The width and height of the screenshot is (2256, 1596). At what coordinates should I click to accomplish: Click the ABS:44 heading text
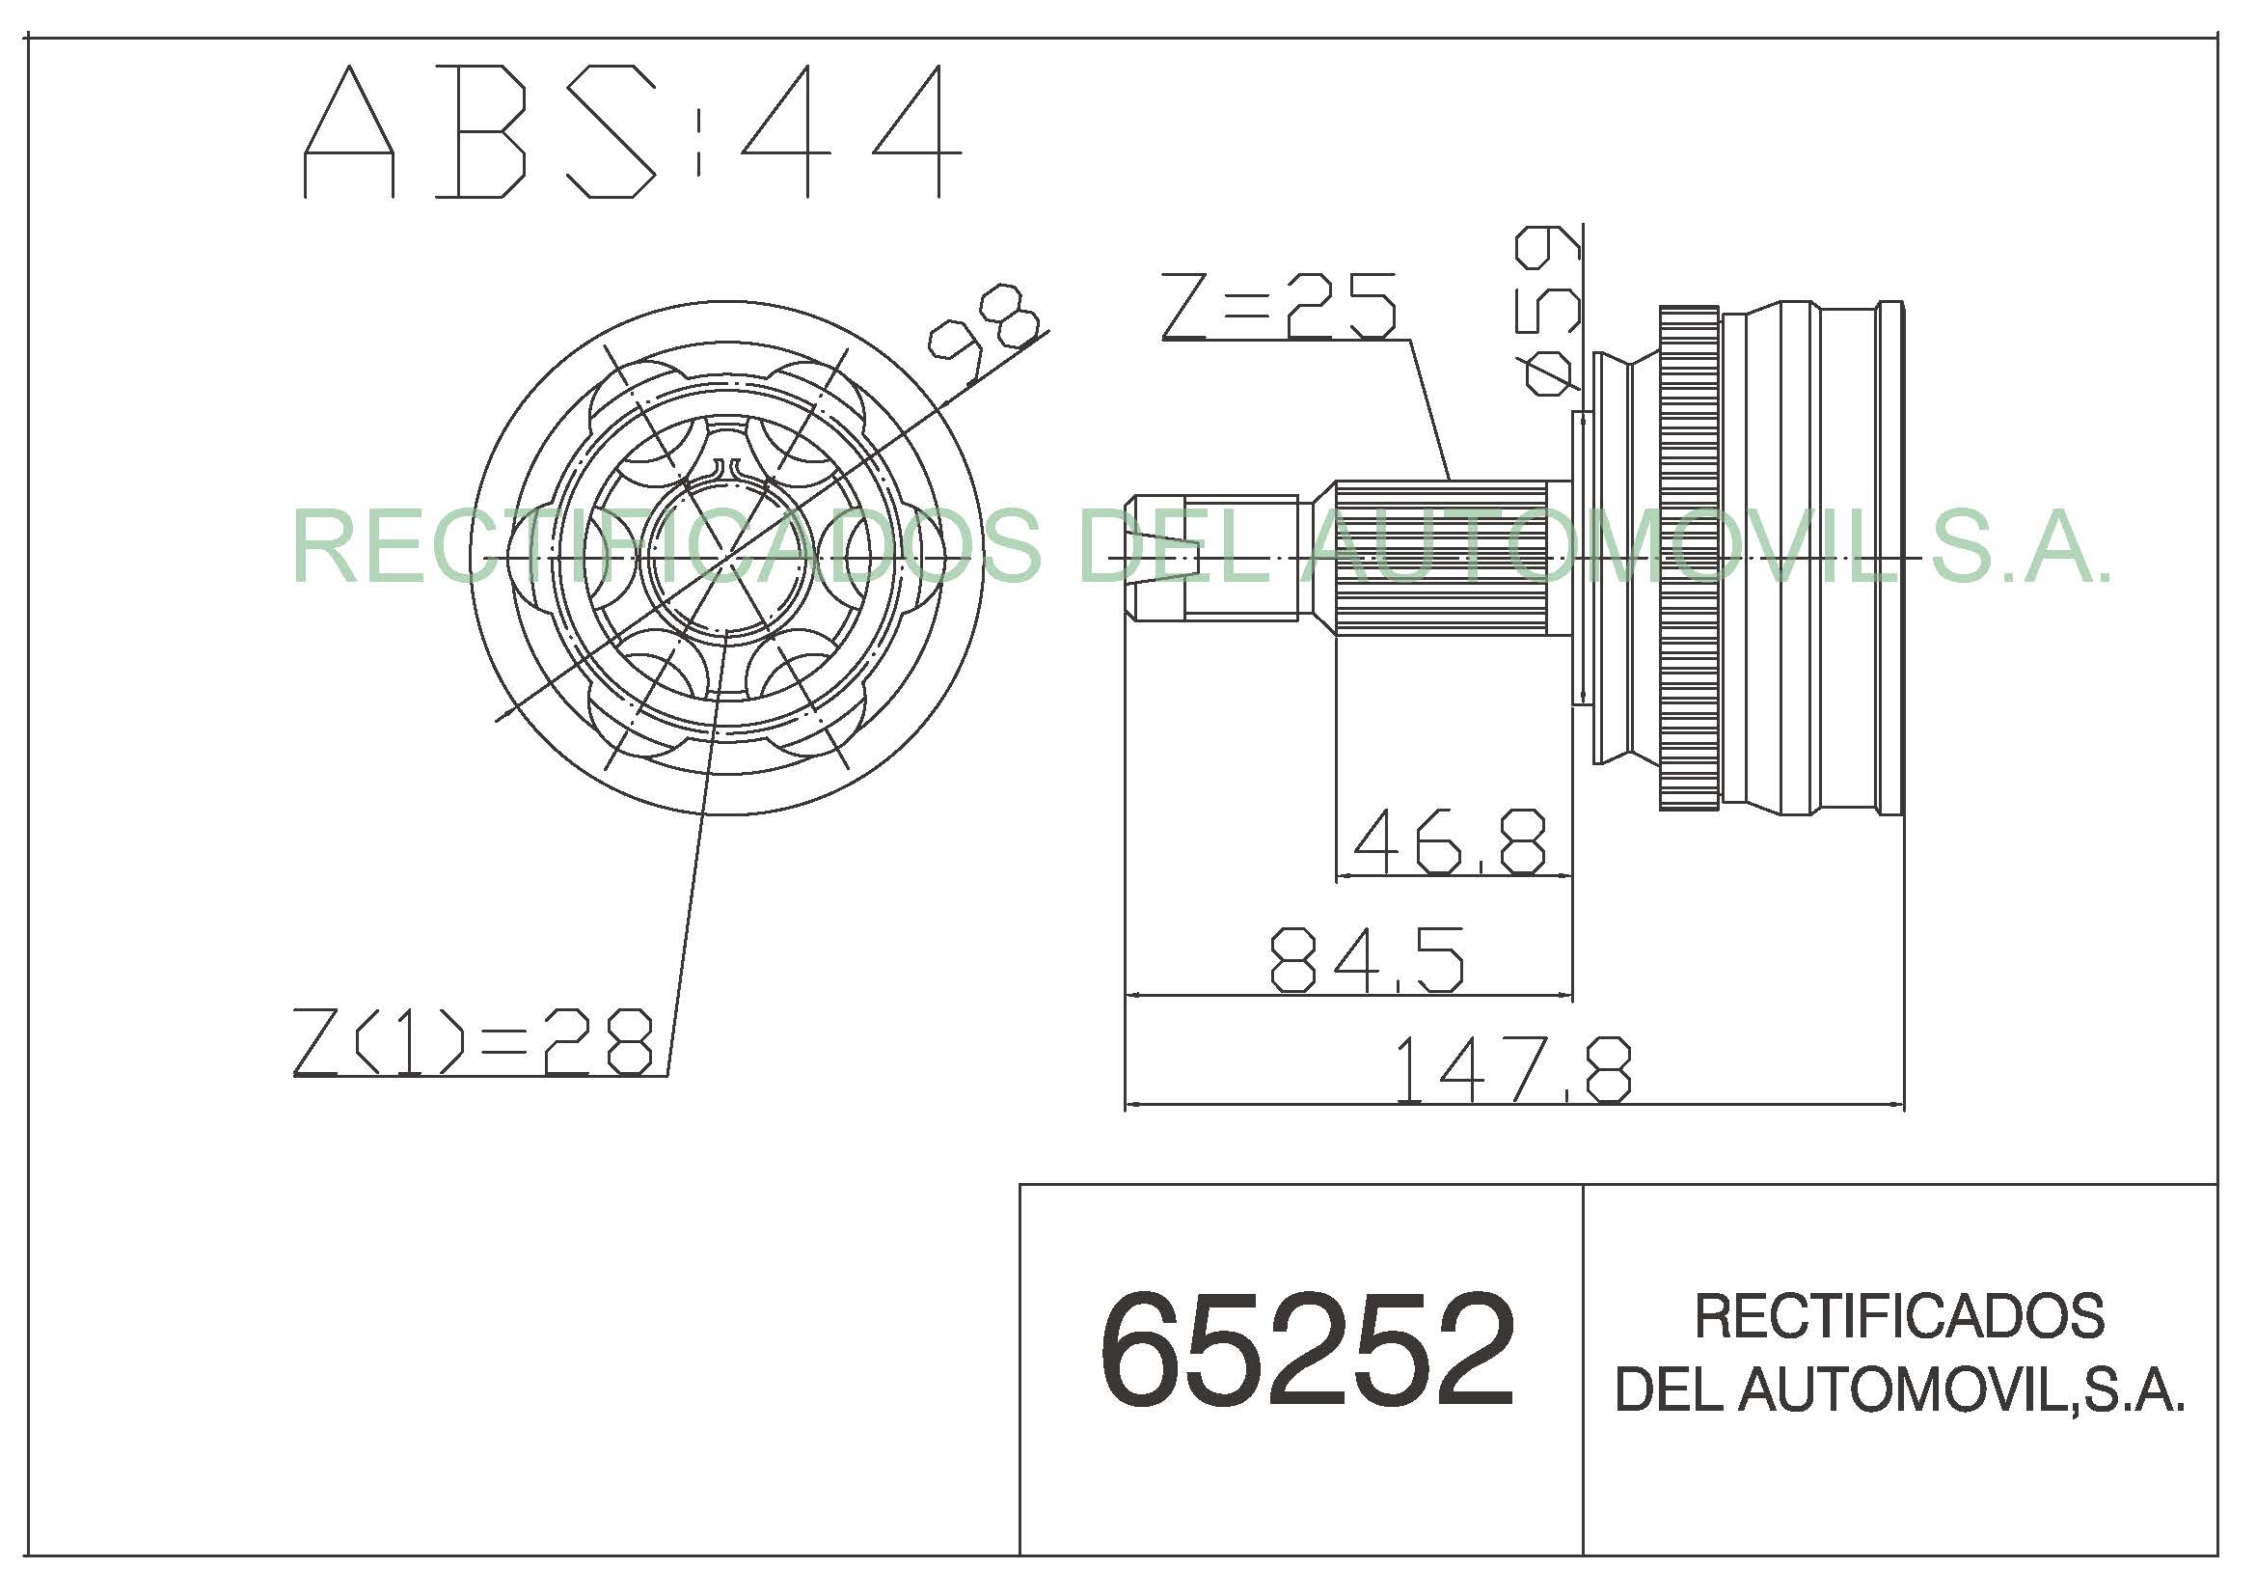tap(632, 131)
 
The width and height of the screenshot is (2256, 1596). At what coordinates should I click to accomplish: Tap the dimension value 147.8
tap(1512, 1069)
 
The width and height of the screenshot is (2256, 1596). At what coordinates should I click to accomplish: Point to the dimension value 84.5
tap(1367, 959)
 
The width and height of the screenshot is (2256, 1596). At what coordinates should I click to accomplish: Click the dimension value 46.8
tap(1449, 841)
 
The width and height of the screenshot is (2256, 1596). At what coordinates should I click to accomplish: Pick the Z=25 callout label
tap(1278, 306)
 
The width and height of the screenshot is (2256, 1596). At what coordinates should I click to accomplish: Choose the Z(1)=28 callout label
tap(473, 1042)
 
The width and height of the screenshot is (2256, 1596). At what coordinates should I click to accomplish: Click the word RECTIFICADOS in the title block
tap(1899, 1317)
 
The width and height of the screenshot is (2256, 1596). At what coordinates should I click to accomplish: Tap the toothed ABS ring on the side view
tap(1689, 558)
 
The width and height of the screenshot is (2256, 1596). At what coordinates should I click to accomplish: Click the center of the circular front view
tap(726, 557)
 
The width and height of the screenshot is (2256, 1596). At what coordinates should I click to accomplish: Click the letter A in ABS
tap(349, 131)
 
